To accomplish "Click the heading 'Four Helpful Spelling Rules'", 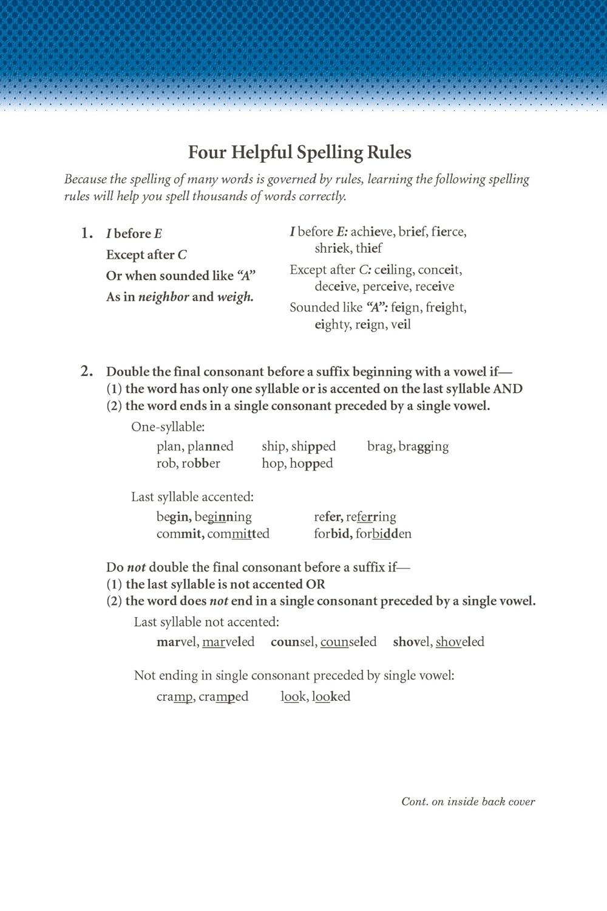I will tap(299, 152).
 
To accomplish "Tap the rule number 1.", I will tap(87, 233).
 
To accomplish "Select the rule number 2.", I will tap(87, 371).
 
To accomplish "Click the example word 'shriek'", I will tap(332, 248).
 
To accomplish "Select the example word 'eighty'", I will tap(333, 324).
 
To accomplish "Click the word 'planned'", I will tap(211, 446).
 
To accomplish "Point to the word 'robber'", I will tap(201, 463).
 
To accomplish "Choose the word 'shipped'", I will tap(313, 446).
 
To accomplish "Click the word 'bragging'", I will tap(424, 447).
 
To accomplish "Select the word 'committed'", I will tap(239, 534).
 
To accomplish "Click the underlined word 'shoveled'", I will tap(460, 642).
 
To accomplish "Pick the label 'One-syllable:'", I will tap(168, 427).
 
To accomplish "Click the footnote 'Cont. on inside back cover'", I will tap(468, 802).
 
